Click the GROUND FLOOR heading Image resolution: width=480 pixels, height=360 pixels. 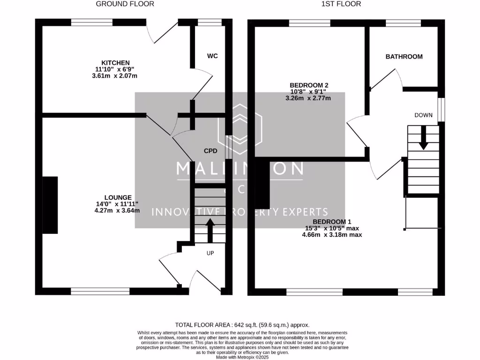pos(125,4)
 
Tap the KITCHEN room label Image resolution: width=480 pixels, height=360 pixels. pos(116,63)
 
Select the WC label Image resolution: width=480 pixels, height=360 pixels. pos(212,56)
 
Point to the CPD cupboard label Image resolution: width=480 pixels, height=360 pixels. pos(210,151)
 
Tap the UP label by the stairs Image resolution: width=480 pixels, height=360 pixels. pos(210,253)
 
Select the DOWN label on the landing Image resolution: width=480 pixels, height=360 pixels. pos(423,115)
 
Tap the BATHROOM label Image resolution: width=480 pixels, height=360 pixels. pos(404,57)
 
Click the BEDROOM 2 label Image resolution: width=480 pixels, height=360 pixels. pos(308,85)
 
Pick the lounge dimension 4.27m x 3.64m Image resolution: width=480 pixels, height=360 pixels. pos(117,210)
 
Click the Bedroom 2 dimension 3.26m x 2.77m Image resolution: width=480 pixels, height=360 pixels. pos(308,98)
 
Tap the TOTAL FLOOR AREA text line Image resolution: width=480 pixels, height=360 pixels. pos(242,324)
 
